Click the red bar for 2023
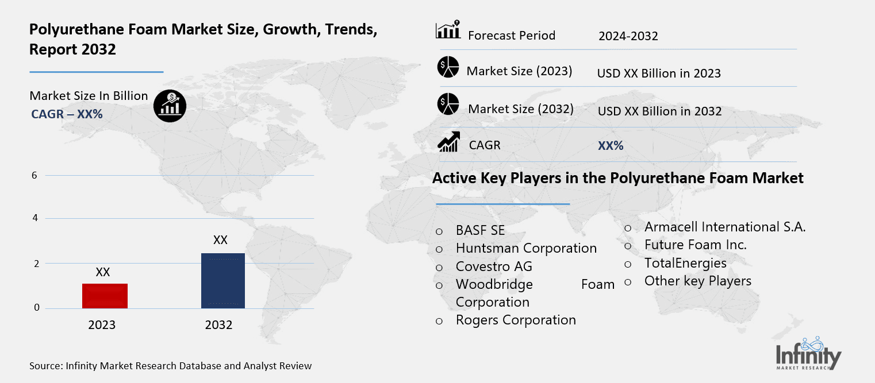coord(105,296)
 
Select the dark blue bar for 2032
coord(223,281)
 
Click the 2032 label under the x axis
coord(218,325)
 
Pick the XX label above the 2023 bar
coord(103,272)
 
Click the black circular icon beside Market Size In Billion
coord(170,105)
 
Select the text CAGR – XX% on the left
coord(67,114)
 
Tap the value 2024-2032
coord(628,36)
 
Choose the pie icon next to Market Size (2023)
coord(448,68)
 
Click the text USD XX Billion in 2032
coord(659,111)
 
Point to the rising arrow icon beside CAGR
coord(448,142)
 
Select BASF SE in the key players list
coord(480,230)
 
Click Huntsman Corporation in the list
coord(526,248)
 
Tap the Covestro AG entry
coord(494,266)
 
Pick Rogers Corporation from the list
coord(516,320)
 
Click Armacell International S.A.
coord(724,227)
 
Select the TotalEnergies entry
coord(685,263)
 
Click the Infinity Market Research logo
coord(808,353)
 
